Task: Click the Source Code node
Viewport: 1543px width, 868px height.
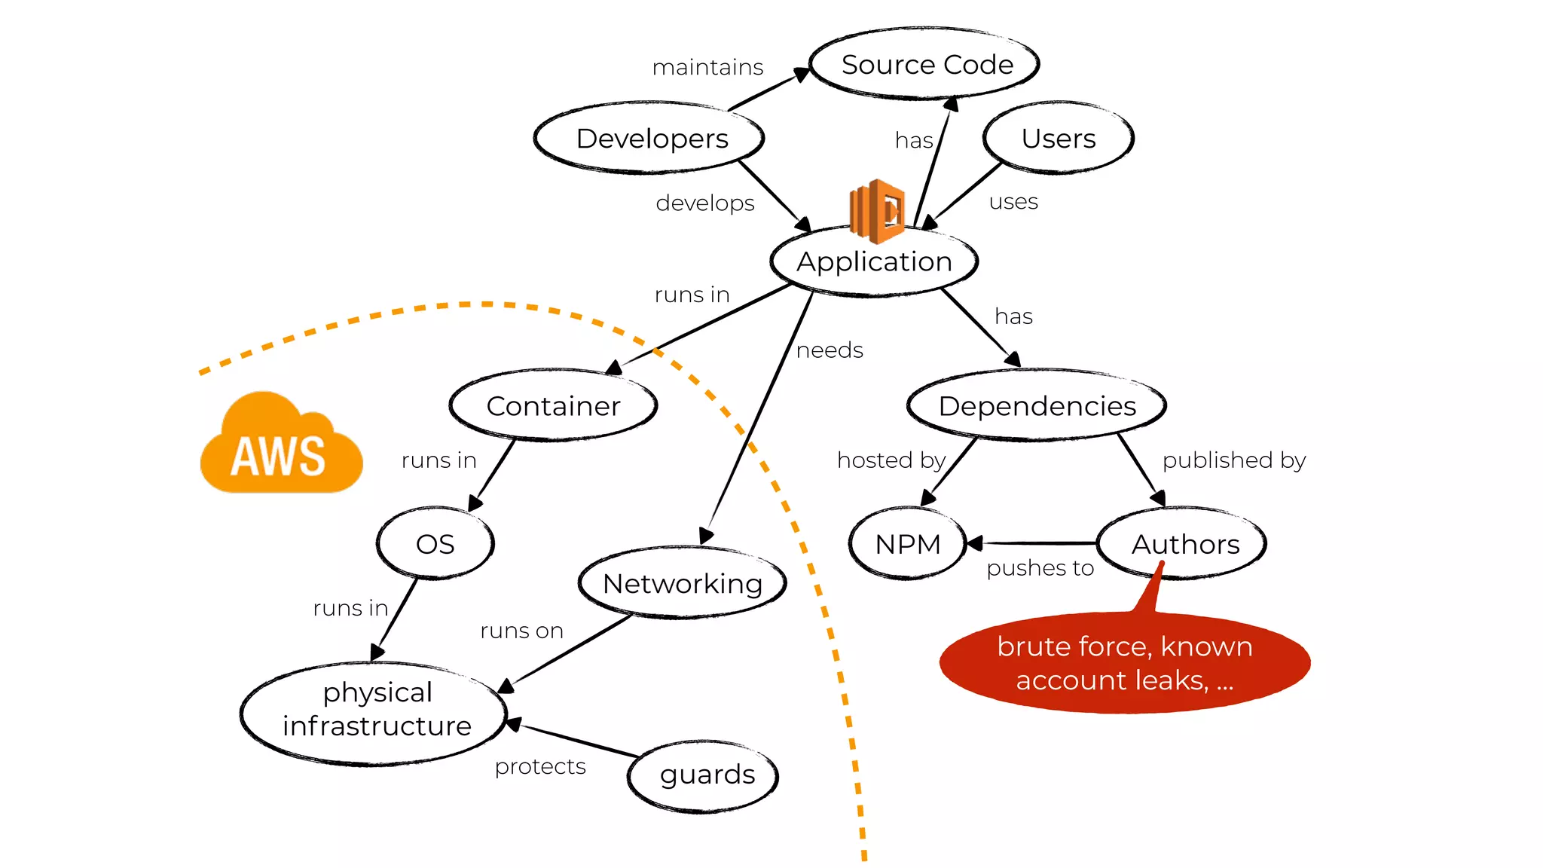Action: tap(926, 65)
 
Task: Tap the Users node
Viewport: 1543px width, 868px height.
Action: tap(1058, 139)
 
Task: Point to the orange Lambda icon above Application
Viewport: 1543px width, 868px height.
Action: tap(877, 210)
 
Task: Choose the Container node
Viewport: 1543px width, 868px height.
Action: tap(553, 406)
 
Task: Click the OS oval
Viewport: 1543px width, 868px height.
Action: tap(435, 544)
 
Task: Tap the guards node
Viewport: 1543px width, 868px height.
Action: tap(706, 775)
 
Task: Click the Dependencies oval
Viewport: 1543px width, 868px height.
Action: tap(1037, 406)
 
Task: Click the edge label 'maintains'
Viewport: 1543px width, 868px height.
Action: tap(707, 68)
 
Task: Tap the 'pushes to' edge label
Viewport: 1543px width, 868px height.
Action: tap(1040, 568)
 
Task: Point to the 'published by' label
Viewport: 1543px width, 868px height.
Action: tap(1233, 460)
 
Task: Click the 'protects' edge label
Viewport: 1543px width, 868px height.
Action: tap(540, 767)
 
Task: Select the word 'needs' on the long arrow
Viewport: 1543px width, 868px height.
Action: tap(830, 350)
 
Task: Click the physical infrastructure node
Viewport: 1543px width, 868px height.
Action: tap(376, 710)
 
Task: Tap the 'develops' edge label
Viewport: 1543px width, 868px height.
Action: tap(704, 203)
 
